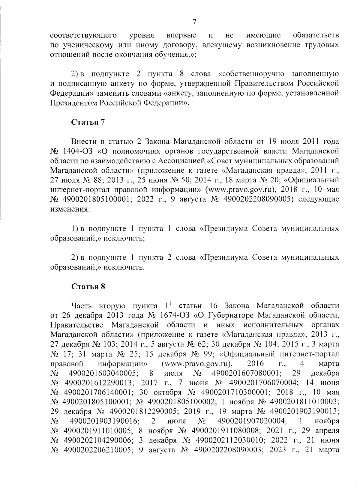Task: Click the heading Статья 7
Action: pyautogui.click(x=88, y=122)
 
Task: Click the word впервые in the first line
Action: pyautogui.click(x=181, y=36)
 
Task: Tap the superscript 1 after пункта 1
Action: pyautogui.click(x=170, y=304)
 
